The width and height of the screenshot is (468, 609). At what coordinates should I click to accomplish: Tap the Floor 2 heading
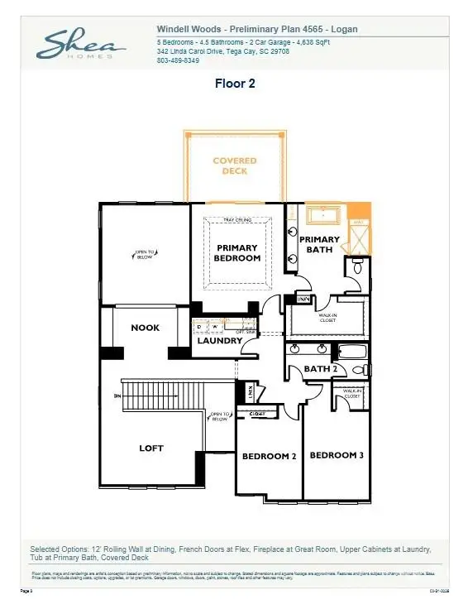(234, 83)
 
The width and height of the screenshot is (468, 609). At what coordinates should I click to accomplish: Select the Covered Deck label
(235, 165)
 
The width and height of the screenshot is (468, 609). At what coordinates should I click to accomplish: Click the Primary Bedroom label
(237, 252)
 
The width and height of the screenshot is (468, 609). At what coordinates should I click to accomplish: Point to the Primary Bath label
(319, 244)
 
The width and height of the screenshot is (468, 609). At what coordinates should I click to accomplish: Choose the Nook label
(145, 328)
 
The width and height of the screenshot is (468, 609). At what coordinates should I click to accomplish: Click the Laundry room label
(218, 340)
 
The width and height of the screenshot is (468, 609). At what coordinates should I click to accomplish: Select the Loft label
(150, 448)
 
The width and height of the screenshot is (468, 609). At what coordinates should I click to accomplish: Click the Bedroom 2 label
(269, 456)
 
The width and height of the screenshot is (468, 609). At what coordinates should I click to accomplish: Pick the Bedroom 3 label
(336, 455)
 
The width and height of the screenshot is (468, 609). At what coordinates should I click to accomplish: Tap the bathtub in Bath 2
(352, 352)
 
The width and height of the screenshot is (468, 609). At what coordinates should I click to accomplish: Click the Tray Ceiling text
(237, 220)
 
